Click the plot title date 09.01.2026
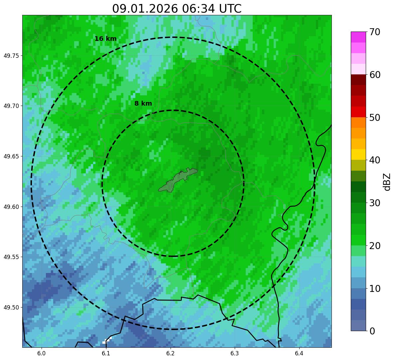click(145, 9)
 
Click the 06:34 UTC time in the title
click(212, 9)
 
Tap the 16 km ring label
click(105, 39)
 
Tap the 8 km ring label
click(143, 104)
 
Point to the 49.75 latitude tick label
click(11, 55)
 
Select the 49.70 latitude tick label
click(11, 106)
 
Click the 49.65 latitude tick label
click(11, 156)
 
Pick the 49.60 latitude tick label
click(11, 207)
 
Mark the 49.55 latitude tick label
click(11, 257)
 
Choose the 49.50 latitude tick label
click(11, 308)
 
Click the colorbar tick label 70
click(374, 32)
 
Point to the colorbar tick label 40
click(374, 160)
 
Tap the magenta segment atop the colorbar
click(358, 37)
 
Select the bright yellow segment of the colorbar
click(358, 154)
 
